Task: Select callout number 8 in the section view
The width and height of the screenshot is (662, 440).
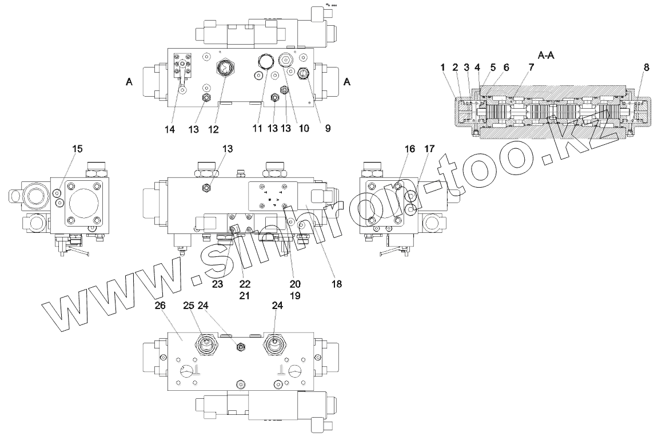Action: click(646, 68)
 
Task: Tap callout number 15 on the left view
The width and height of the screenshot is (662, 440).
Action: click(77, 149)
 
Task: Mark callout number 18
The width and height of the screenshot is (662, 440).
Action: click(336, 284)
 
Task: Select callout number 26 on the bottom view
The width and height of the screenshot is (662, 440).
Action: click(160, 306)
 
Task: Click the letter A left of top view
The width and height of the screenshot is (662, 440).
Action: click(129, 82)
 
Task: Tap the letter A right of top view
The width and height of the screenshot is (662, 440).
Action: click(346, 82)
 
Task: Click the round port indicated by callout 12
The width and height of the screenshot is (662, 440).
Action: click(224, 68)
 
